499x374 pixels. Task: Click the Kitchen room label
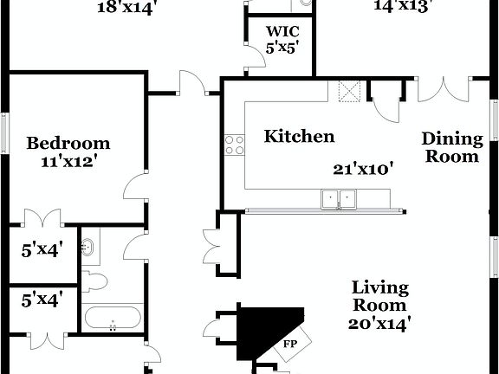(x=299, y=137)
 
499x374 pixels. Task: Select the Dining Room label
(x=451, y=147)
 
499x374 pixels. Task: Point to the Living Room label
(x=380, y=296)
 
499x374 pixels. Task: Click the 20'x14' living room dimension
(x=380, y=324)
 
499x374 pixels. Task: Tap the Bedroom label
(x=68, y=143)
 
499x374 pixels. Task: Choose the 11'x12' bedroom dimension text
(x=68, y=160)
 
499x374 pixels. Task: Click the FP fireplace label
(x=290, y=344)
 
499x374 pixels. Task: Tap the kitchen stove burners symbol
(x=234, y=145)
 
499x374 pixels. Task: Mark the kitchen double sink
(x=339, y=199)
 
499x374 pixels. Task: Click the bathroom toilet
(x=94, y=280)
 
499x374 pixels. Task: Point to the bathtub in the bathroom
(x=113, y=319)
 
